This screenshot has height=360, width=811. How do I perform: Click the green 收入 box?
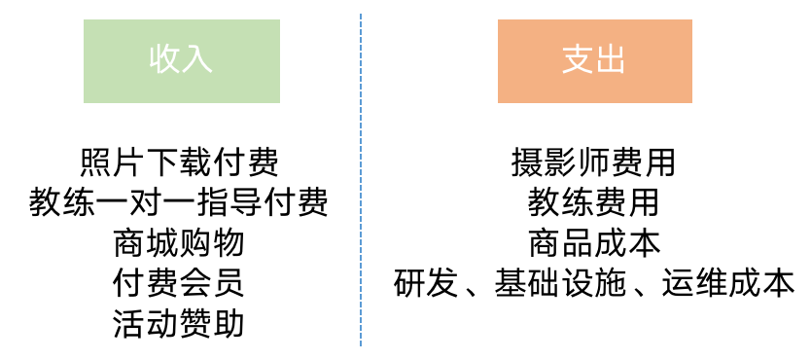point(181,60)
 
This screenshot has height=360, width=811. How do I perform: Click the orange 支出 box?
point(594,60)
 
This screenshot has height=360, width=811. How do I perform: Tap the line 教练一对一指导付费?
point(179,202)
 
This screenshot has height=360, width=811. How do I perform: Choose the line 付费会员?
point(179,282)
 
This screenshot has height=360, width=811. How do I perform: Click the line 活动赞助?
point(179,322)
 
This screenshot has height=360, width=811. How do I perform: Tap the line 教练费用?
point(593,202)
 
